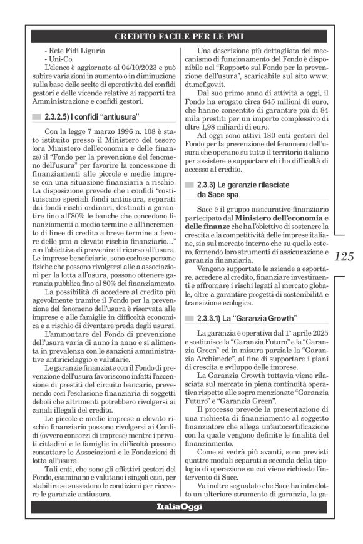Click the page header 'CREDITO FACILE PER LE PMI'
tap(181, 36)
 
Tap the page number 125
tap(344, 256)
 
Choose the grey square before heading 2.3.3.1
tap(190, 318)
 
